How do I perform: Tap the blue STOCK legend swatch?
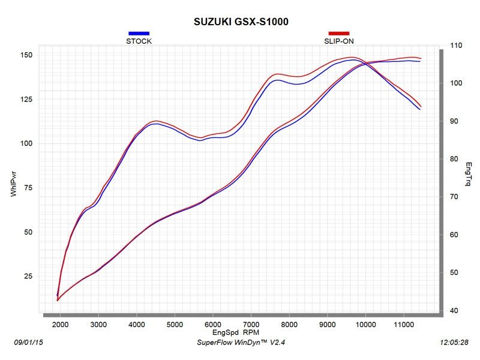(139, 34)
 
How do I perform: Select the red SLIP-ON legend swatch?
(338, 34)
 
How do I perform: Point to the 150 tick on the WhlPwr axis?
(26, 55)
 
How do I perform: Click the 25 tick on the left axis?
(28, 277)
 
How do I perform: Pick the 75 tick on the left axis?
(28, 188)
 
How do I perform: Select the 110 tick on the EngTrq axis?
(456, 46)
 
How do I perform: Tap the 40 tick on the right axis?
(454, 311)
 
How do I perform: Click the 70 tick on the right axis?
(454, 197)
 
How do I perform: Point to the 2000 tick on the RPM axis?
(60, 324)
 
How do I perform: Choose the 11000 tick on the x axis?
(403, 324)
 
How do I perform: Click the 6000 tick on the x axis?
(212, 324)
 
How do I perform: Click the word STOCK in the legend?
(139, 41)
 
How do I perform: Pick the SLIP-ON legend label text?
(338, 41)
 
